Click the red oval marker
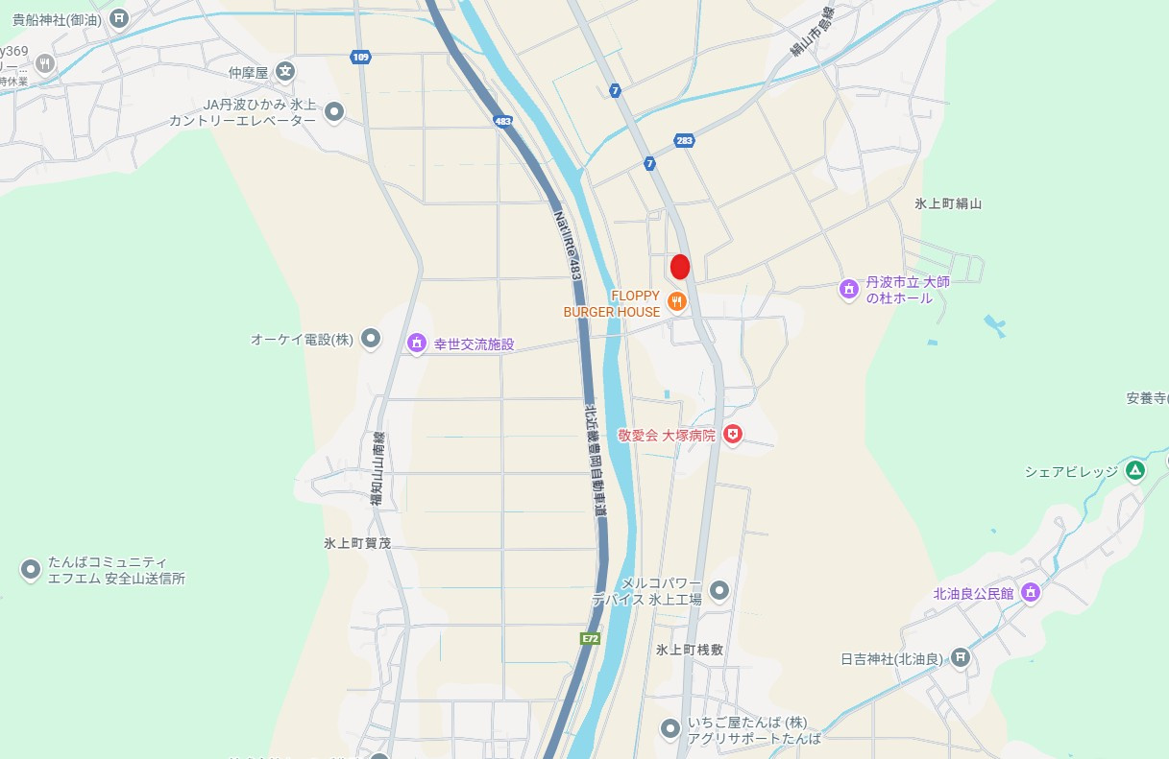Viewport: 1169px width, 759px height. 680,267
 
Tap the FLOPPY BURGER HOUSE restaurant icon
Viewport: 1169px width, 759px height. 676,302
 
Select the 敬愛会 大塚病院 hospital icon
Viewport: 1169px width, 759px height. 733,435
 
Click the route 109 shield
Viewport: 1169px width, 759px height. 360,58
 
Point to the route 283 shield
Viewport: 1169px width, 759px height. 683,140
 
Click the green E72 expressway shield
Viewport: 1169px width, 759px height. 590,638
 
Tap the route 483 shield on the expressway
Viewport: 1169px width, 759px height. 503,121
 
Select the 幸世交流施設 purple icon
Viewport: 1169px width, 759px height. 417,343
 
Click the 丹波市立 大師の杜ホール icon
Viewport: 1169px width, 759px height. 848,289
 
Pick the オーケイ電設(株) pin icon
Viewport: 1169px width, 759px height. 371,339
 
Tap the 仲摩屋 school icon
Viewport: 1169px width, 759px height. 285,71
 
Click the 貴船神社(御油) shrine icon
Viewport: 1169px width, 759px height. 119,17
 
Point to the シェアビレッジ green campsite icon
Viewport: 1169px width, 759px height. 1135,470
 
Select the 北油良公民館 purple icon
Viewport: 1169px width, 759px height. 1031,592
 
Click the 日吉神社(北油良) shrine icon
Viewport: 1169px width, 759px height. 960,657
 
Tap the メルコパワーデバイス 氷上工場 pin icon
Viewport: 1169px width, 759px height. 718,589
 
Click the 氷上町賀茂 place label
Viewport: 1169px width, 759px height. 357,543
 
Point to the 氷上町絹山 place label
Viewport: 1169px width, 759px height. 948,203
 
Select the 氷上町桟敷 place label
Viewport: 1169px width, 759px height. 690,650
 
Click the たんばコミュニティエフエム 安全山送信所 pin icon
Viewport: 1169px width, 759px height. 30,570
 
